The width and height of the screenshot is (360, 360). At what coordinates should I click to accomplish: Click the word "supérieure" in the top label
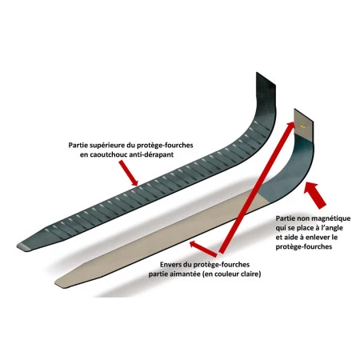click(x=105, y=146)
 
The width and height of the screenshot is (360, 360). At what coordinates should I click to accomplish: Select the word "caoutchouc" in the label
click(x=109, y=154)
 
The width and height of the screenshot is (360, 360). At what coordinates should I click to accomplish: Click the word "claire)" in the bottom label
click(x=249, y=274)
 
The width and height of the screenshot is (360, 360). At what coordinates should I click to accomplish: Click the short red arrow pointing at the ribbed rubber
click(x=128, y=174)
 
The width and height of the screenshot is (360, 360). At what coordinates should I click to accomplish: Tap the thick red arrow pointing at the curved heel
click(x=315, y=194)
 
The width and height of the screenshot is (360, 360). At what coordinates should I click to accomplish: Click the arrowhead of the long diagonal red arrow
click(x=290, y=126)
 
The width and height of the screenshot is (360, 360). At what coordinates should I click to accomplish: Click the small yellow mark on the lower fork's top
click(x=302, y=125)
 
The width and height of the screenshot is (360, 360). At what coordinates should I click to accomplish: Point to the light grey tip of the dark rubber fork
click(x=22, y=246)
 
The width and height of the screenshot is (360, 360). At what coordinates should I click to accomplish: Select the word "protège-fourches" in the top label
click(x=165, y=146)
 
